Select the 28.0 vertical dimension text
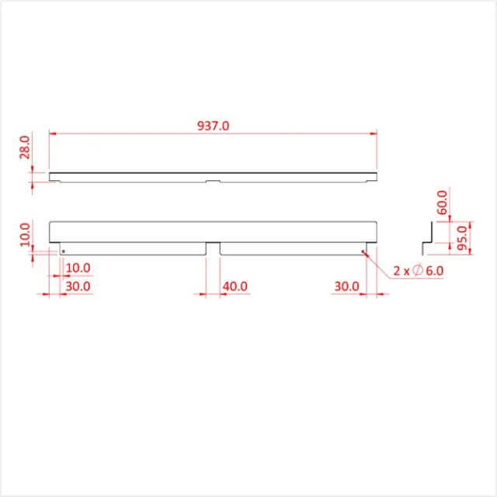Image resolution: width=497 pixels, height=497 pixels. [x=24, y=148]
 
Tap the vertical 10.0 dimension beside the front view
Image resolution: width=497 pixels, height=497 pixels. [x=24, y=235]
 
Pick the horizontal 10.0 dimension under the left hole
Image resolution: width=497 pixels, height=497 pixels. [x=78, y=268]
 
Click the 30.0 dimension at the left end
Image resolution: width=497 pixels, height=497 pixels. [x=78, y=286]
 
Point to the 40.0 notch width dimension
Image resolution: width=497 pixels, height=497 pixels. [x=235, y=286]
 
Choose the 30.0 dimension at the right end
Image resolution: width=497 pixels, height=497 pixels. [x=346, y=286]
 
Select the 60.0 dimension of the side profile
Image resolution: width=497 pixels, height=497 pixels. [x=443, y=203]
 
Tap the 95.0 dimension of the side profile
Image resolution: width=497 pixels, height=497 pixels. [x=463, y=235]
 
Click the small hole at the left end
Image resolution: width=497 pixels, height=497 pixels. [x=63, y=251]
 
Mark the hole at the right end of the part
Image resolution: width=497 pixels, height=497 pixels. [x=363, y=251]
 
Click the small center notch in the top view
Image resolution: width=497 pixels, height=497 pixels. [x=213, y=182]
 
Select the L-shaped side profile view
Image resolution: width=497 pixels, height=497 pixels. [x=426, y=237]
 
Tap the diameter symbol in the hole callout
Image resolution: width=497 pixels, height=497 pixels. [x=418, y=270]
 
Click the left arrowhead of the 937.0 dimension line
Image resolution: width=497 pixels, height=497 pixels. [x=52, y=134]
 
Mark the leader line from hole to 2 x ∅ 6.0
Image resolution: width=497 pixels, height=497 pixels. [x=376, y=263]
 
